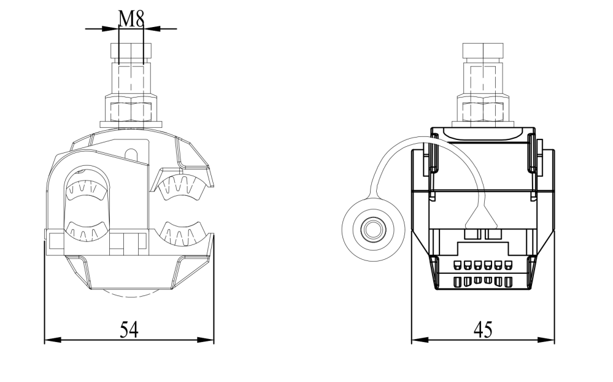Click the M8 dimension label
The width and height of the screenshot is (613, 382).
pos(131,18)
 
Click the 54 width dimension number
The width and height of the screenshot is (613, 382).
pos(129,330)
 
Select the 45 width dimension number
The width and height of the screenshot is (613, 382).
pos(483,330)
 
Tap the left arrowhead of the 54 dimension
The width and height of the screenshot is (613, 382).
pos(53,340)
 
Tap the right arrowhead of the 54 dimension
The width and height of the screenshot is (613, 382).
pos(205,340)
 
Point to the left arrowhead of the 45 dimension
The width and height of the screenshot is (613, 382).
pos(420,340)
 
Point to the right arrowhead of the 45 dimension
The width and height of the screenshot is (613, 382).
pos(546,340)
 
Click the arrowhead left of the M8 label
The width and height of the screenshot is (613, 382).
pos(110,29)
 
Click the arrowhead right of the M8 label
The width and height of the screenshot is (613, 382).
pos(152,29)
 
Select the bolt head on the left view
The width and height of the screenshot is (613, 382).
pos(131,51)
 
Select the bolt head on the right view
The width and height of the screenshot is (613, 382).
pos(483,51)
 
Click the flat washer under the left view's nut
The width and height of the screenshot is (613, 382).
pos(131,124)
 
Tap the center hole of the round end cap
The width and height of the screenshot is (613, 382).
pos(373,229)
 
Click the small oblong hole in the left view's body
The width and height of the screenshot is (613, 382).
pos(132,154)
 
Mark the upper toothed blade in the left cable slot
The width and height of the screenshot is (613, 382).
pos(87,190)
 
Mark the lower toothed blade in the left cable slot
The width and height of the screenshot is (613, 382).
pos(87,230)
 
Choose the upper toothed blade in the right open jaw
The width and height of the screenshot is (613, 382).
pos(183,186)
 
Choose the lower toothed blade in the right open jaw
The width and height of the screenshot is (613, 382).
pos(183,233)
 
